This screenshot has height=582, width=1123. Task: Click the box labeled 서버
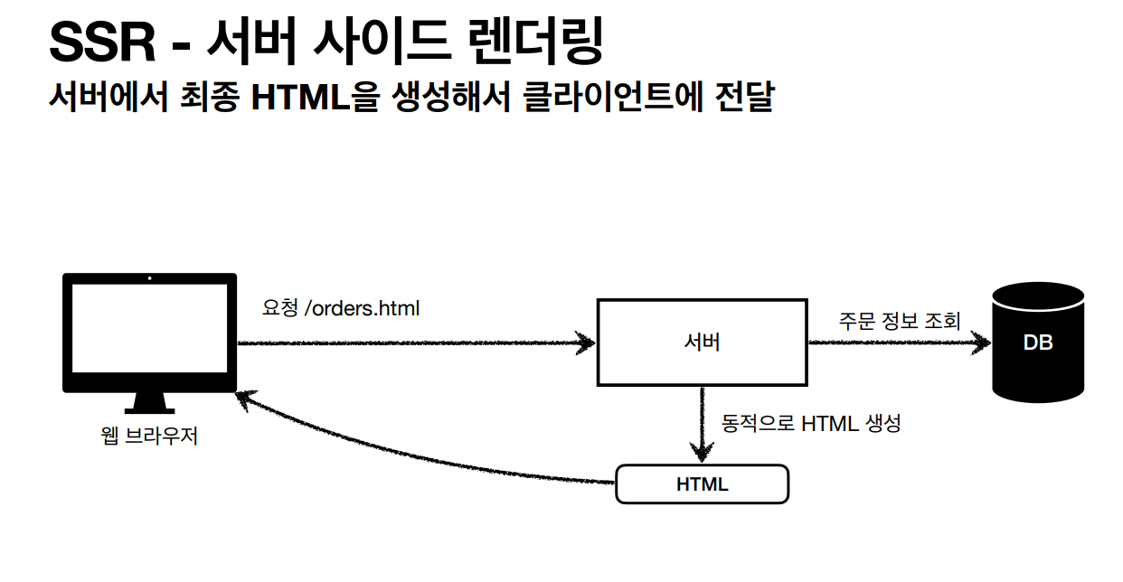(702, 343)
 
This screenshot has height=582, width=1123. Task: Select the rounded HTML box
(702, 484)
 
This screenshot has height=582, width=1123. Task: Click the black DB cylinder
(1037, 343)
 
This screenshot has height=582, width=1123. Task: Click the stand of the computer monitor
(149, 402)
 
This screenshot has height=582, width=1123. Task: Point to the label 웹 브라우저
(149, 437)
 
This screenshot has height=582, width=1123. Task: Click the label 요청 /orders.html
(341, 309)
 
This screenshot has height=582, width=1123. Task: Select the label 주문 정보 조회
(899, 321)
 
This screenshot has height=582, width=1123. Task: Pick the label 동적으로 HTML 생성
(811, 423)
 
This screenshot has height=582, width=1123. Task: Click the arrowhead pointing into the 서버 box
(585, 343)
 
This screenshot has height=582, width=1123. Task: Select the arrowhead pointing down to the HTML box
(702, 453)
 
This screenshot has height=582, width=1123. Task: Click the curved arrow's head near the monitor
(244, 400)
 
